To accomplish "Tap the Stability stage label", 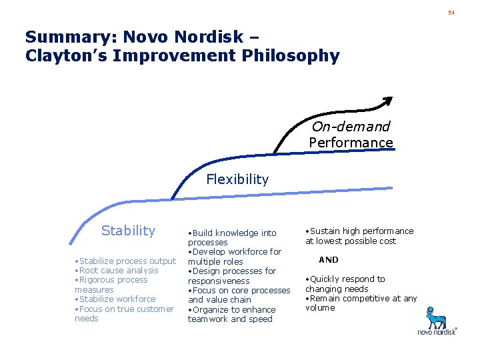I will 128,231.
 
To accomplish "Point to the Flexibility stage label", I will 237,179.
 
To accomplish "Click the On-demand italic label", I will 351,127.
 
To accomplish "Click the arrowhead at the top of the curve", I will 387,101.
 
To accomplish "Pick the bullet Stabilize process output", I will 125,261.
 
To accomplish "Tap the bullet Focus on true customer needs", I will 124,313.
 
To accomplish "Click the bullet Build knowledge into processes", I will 231,237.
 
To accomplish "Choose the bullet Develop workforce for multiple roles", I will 234,257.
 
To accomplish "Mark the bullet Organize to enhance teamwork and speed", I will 231,314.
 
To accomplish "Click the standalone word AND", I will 328,260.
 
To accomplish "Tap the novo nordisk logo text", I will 437,331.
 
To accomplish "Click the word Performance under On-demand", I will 351,143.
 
